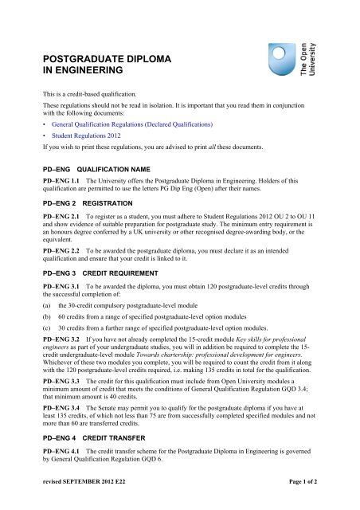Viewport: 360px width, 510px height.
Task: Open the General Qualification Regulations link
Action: [x=128, y=126]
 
